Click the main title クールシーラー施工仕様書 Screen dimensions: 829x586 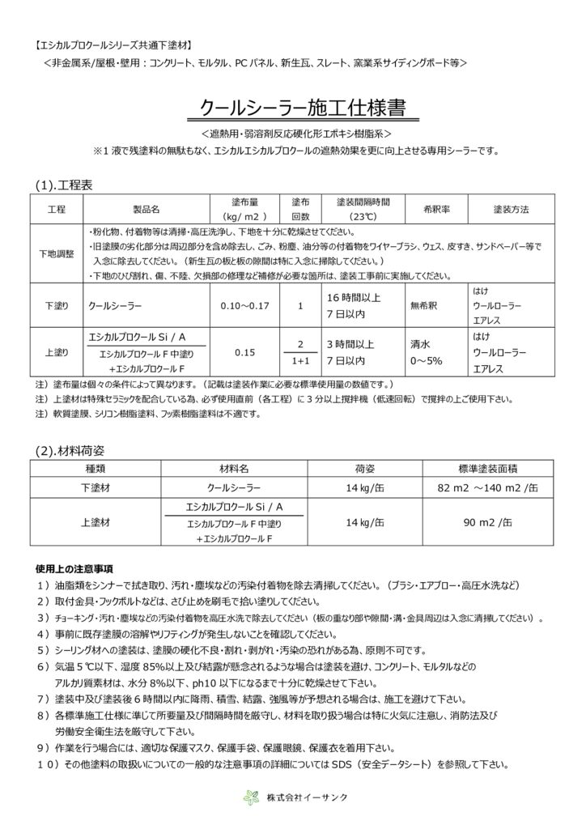tap(302, 107)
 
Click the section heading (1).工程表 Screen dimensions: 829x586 tap(64, 185)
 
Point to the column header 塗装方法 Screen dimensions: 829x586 tap(511, 209)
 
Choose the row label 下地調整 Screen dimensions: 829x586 tap(57, 253)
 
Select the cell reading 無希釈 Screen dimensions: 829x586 tap(424, 307)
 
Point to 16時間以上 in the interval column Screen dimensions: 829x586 tap(354, 299)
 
